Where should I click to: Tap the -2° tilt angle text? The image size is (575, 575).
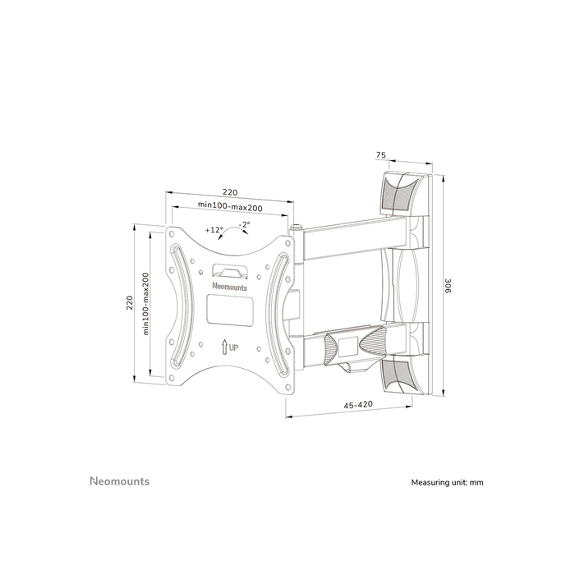point(245,224)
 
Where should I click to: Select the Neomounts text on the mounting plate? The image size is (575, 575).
point(228,286)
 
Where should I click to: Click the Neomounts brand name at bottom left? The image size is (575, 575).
point(119,481)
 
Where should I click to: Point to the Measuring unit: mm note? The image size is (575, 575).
point(447,482)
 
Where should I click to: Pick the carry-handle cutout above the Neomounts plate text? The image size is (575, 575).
point(229,269)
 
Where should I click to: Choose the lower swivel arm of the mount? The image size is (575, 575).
point(361,337)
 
